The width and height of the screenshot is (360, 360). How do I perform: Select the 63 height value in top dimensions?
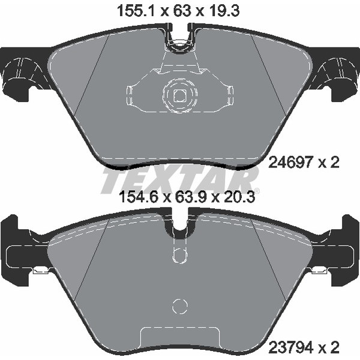click(x=182, y=11)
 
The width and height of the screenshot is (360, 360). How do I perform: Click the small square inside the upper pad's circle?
click(x=180, y=95)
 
